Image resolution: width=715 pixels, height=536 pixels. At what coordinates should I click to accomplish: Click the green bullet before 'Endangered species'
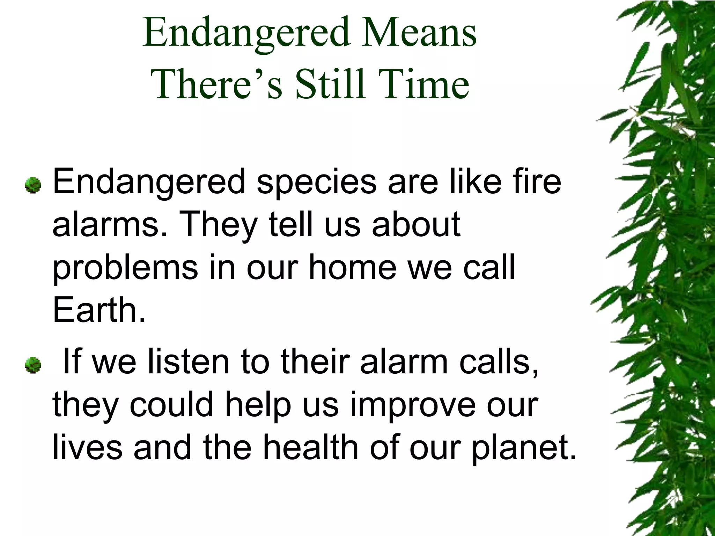pos(33,185)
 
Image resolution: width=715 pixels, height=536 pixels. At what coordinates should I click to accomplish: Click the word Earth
pos(99,310)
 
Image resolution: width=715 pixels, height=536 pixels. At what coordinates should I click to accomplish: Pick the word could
pos(171,404)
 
